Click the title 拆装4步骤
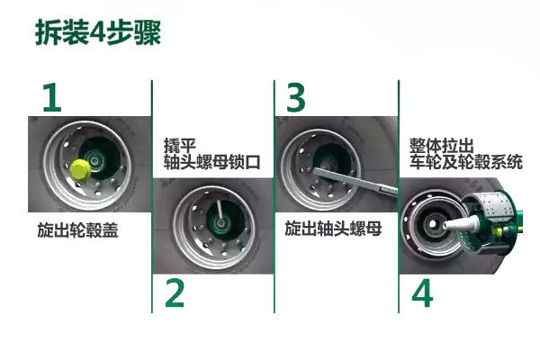(x=98, y=32)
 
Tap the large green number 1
(x=52, y=97)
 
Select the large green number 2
(x=175, y=292)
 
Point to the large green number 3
(x=296, y=97)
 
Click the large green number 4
(x=422, y=293)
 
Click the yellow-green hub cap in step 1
(x=80, y=169)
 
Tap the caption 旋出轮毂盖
(x=77, y=229)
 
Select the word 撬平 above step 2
(x=180, y=146)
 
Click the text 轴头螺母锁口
(x=211, y=162)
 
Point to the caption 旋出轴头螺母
(x=333, y=229)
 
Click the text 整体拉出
(x=442, y=146)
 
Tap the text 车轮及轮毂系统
(x=466, y=162)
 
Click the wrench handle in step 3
(x=355, y=181)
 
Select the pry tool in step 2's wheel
(x=220, y=210)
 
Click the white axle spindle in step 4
(x=461, y=223)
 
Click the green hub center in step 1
(x=94, y=159)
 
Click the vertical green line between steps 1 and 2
(x=152, y=196)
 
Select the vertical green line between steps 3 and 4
(x=399, y=196)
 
